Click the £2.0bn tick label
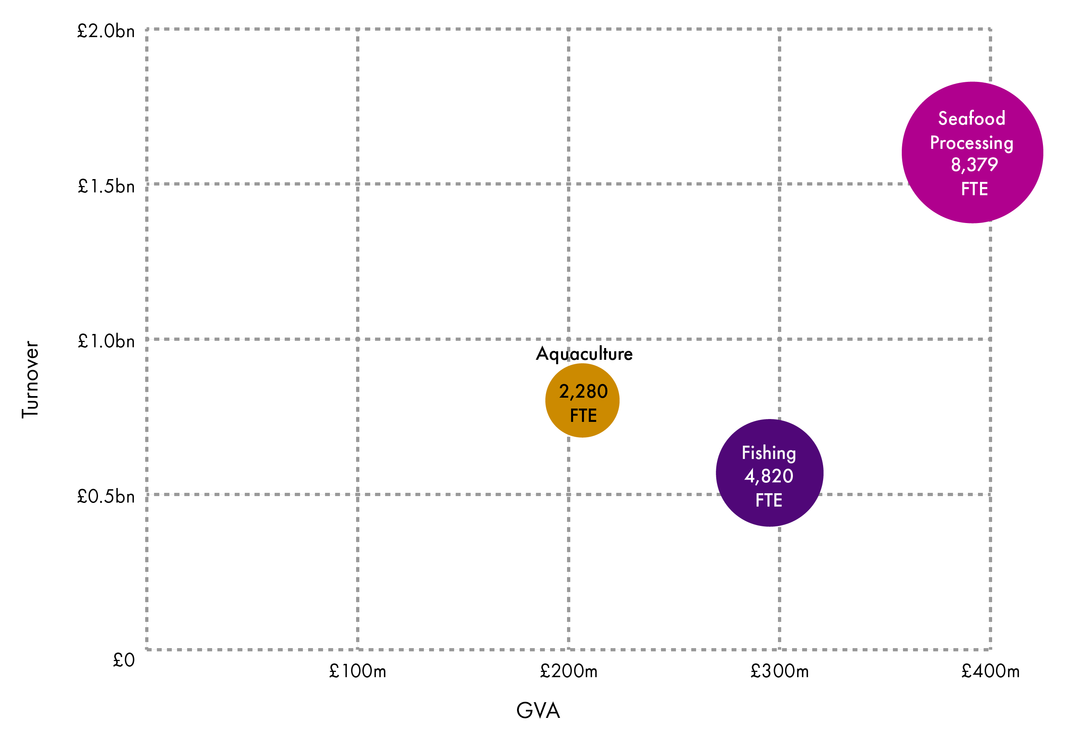106,31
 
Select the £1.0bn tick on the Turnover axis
106,342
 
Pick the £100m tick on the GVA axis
357,671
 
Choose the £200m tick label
569,671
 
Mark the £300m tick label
780,671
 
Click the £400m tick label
991,671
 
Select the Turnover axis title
31,380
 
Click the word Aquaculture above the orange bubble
584,354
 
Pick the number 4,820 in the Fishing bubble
769,476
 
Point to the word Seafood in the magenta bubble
972,119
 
